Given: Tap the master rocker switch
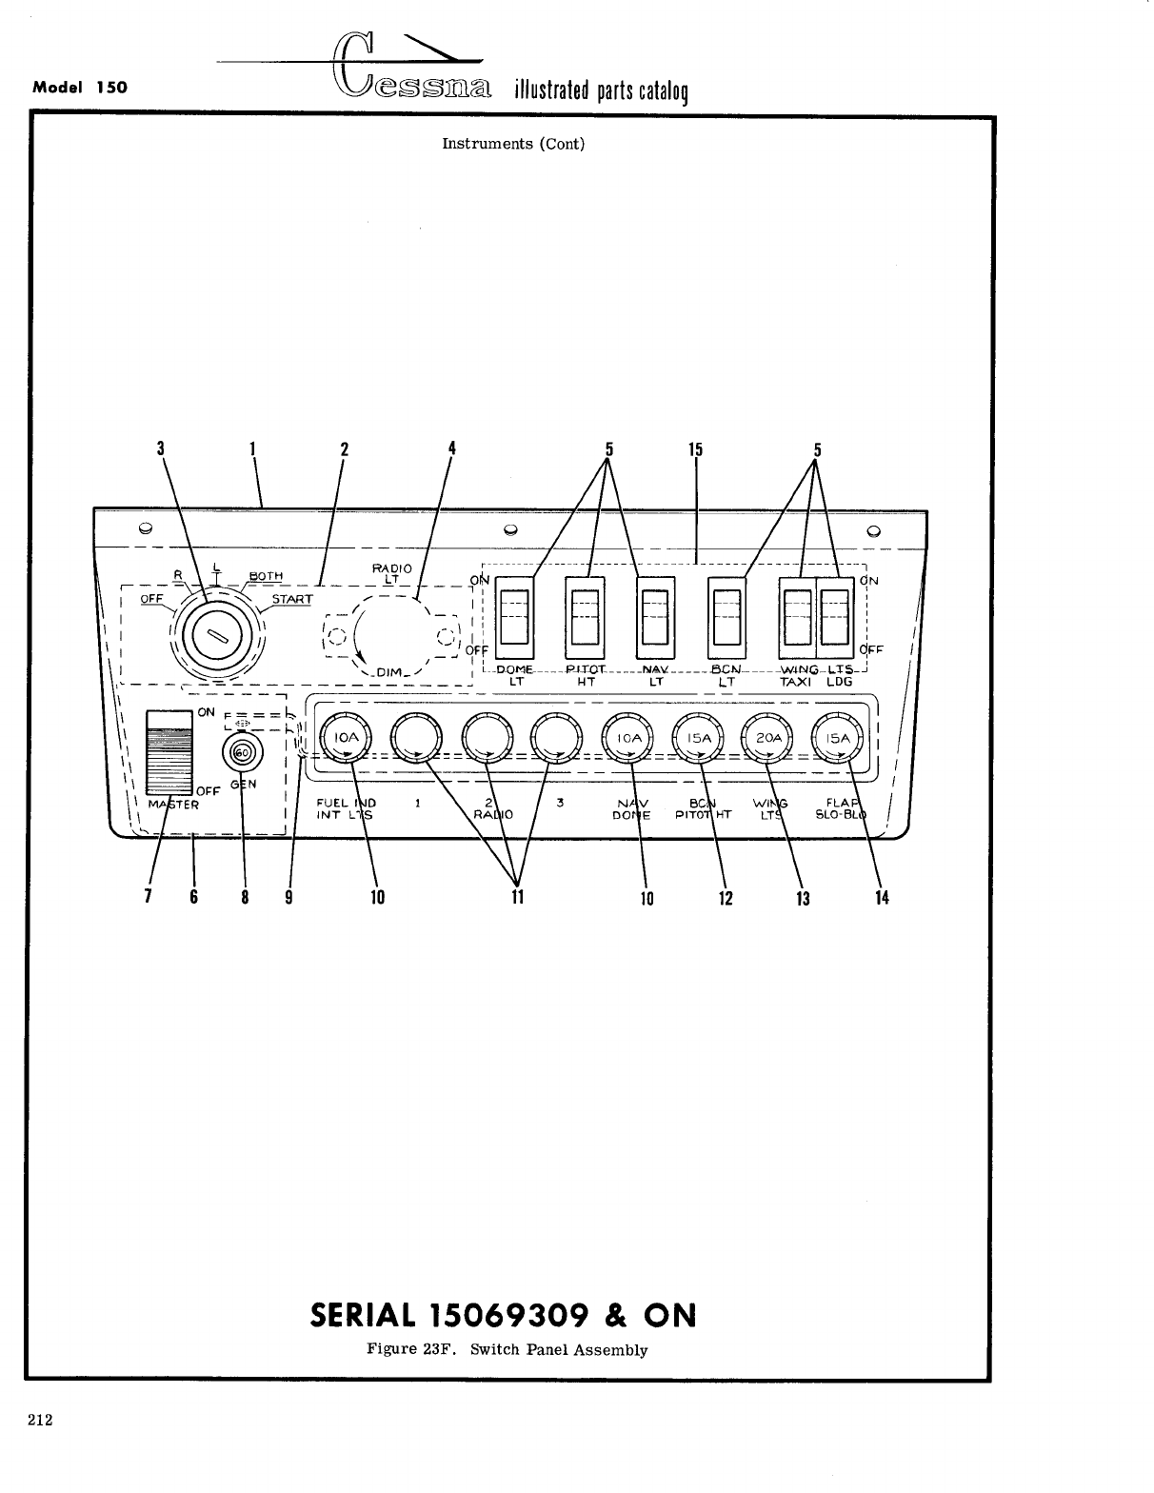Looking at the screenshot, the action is (169, 751).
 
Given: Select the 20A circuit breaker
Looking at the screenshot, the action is (768, 738).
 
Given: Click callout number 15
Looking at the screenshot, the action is (695, 449).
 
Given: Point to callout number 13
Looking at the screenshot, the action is (803, 898).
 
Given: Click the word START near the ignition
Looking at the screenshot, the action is (291, 599).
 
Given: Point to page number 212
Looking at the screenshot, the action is (40, 1421).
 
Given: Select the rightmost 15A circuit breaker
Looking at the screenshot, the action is (838, 738).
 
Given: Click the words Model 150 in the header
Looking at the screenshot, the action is (80, 88).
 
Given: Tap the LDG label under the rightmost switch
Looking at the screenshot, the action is (838, 682).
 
